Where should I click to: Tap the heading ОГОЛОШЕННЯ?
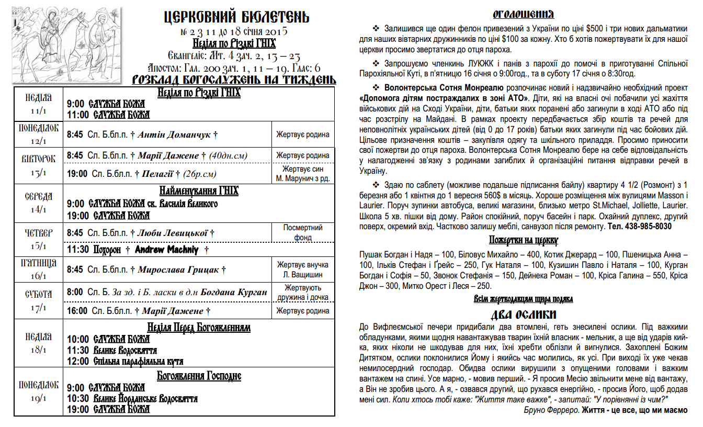click(524, 15)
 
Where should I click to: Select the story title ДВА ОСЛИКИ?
click(523, 315)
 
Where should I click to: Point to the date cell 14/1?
click(39, 209)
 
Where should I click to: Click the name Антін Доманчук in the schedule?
click(175, 135)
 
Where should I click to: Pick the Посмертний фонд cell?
click(303, 232)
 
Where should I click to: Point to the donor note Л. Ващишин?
click(303, 275)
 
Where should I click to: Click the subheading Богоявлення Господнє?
click(199, 376)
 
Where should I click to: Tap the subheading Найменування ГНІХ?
click(199, 191)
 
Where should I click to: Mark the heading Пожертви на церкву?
click(524, 241)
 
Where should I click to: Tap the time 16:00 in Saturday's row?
click(77, 311)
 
